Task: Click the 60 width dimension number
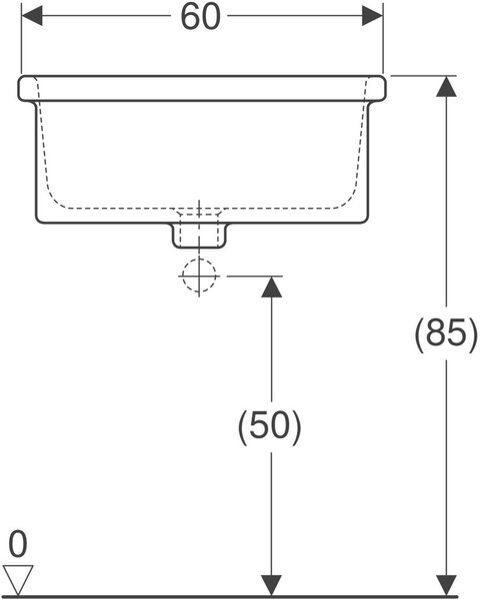pyautogui.click(x=201, y=17)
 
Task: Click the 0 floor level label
pyautogui.click(x=18, y=544)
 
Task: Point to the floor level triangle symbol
pyautogui.click(x=18, y=579)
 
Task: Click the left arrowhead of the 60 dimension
pyautogui.click(x=32, y=16)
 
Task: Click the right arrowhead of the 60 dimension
pyautogui.click(x=372, y=16)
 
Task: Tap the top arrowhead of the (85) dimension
pyautogui.click(x=446, y=86)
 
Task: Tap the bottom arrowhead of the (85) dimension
pyautogui.click(x=446, y=585)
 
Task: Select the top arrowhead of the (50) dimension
pyautogui.click(x=272, y=287)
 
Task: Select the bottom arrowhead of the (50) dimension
pyautogui.click(x=272, y=585)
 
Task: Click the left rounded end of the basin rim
pyautogui.click(x=19, y=89)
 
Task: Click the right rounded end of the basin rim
pyautogui.click(x=384, y=89)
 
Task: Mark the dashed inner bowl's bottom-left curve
pyautogui.click(x=54, y=199)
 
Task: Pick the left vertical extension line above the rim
pyautogui.click(x=21, y=38)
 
